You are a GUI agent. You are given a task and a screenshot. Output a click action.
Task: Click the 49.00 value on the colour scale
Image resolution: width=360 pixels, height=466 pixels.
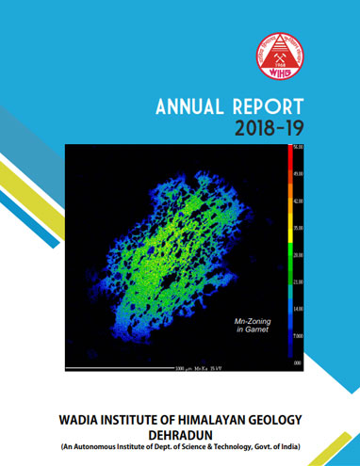tap(298, 174)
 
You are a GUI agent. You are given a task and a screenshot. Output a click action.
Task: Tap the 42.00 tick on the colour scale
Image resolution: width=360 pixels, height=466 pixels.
tap(298, 201)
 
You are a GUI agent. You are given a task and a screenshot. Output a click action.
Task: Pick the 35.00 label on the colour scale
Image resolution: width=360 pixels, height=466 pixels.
tap(298, 229)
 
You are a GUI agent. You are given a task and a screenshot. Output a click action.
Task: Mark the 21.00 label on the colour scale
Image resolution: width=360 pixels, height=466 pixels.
tap(298, 282)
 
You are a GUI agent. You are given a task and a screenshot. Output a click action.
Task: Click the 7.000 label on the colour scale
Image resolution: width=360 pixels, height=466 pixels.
tap(298, 336)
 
